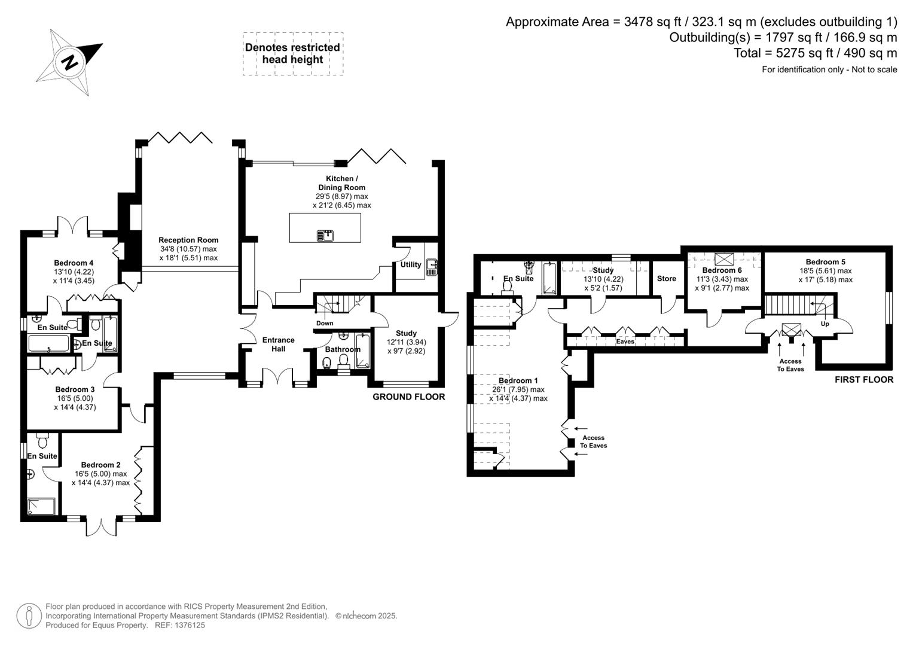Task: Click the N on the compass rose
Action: [70, 62]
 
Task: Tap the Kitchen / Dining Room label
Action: [341, 183]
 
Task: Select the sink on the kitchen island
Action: [325, 235]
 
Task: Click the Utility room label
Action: [410, 264]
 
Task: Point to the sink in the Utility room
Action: [432, 267]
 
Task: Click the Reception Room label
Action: [188, 240]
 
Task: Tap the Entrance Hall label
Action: [279, 344]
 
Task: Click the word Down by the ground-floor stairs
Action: [325, 323]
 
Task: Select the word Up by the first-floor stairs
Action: [825, 324]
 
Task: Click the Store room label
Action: [667, 279]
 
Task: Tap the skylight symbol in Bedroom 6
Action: [724, 259]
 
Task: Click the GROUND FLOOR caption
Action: [409, 397]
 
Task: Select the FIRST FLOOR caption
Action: [864, 380]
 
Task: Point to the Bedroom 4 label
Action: [74, 263]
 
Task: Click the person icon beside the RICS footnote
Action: [29, 616]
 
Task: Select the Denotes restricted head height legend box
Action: [293, 54]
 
